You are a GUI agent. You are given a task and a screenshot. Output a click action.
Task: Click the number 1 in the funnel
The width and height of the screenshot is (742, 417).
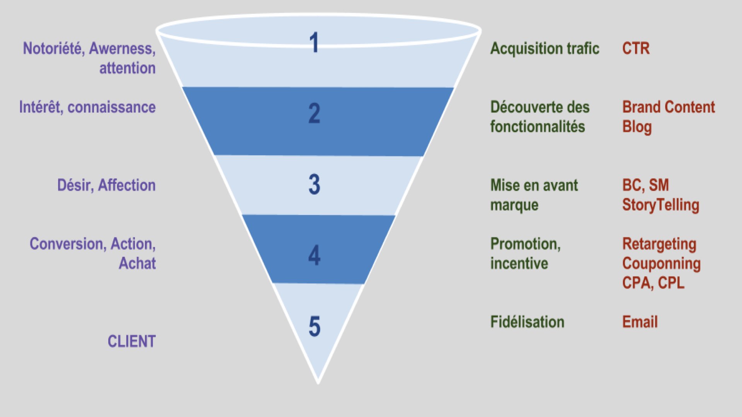pos(314,43)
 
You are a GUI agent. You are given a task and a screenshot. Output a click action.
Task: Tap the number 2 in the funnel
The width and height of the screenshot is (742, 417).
pos(314,114)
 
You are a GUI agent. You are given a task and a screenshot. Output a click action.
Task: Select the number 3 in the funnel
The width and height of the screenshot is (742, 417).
pos(314,184)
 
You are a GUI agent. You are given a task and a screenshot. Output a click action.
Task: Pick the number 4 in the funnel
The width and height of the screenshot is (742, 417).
pos(314,255)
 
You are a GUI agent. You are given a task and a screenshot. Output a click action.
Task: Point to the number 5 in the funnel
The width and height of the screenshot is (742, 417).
pos(314,326)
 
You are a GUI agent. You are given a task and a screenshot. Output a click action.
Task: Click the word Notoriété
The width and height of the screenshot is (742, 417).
pos(54,49)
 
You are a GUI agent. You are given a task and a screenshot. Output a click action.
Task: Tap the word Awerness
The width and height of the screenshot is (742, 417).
pos(122,49)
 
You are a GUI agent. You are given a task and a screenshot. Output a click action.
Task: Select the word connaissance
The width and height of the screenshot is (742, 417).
pos(111,107)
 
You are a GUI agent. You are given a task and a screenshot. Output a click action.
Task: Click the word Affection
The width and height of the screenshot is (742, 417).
pos(127,185)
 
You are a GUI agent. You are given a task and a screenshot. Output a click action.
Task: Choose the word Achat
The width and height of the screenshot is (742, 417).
pos(137,263)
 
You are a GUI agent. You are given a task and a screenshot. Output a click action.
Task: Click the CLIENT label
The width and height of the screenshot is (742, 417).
pos(131,341)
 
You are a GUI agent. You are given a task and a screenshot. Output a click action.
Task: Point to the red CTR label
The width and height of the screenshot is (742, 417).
pos(636,49)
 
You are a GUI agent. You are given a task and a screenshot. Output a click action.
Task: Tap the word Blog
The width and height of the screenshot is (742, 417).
pos(637,127)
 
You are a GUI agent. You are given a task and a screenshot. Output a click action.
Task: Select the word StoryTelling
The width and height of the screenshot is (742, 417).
pos(660,205)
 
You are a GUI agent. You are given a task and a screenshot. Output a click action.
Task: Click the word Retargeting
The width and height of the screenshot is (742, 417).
pos(659,244)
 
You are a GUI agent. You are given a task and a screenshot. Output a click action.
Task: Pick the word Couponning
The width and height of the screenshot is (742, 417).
pos(661,264)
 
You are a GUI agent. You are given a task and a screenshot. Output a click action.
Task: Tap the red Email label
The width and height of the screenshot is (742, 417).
pos(640,322)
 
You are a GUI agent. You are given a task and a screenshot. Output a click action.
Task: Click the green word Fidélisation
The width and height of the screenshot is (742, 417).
pos(527,322)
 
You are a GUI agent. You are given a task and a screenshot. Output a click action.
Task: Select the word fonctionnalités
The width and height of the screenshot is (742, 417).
pos(538,127)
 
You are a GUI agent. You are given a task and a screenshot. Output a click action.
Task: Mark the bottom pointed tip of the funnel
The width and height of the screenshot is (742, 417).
pos(318,382)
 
